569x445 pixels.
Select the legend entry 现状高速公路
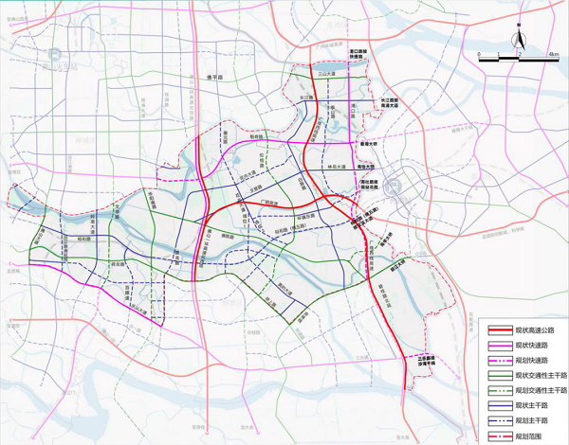[527, 329]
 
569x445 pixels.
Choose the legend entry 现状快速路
[525, 345]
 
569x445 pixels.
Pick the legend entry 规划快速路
[525, 360]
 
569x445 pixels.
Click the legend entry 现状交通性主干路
[531, 375]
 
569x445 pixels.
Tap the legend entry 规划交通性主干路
[531, 390]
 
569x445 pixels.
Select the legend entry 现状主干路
[525, 405]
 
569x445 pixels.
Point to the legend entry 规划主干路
[525, 420]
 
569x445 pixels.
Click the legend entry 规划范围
[524, 436]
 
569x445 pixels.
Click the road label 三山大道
[327, 72]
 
